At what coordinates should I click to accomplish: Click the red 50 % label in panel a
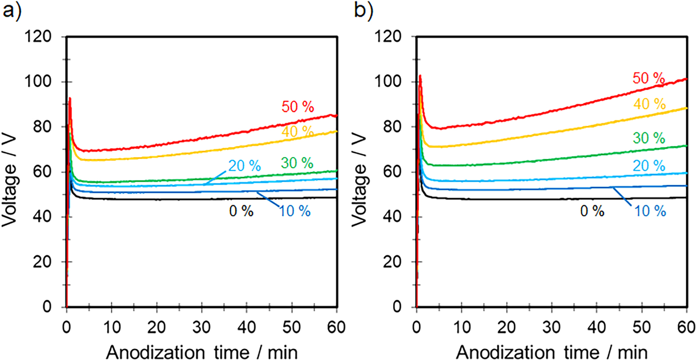pos(297,107)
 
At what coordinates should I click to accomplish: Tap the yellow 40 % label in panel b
pos(649,104)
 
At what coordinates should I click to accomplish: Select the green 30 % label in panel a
pos(297,163)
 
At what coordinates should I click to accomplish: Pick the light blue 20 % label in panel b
pos(649,166)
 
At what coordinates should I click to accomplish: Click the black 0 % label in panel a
pos(241,211)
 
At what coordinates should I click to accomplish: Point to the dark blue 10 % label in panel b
pos(649,211)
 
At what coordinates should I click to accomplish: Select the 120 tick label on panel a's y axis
pos(38,36)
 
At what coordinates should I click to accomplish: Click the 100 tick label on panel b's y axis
pos(388,82)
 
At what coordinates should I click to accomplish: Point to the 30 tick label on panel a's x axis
pos(201,327)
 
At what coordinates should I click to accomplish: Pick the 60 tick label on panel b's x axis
pos(686,327)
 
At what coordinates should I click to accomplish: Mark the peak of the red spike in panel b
pos(420,76)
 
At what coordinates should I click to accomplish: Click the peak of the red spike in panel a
pos(70,98)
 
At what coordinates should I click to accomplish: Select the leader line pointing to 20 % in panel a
pos(215,177)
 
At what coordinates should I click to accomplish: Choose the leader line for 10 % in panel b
pos(623,196)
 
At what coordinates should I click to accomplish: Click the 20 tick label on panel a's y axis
pos(42,262)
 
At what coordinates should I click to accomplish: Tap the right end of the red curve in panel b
pos(686,79)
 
